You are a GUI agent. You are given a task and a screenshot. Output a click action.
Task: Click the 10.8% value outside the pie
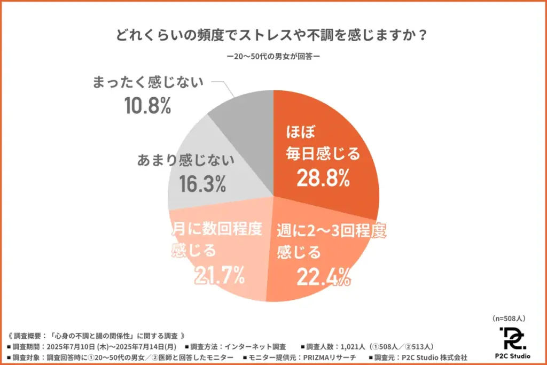click(147, 106)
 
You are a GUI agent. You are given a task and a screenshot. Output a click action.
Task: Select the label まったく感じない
click(148, 83)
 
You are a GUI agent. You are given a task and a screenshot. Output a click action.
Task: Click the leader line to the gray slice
click(224, 89)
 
